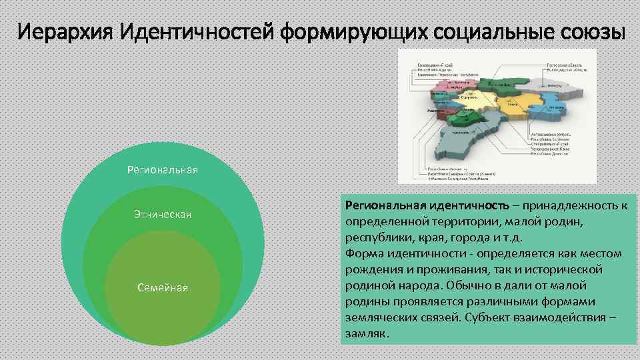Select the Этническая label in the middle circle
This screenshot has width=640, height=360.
pyautogui.click(x=163, y=214)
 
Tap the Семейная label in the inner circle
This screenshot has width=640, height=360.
pyautogui.click(x=163, y=287)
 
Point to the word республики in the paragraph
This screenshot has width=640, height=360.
pyautogui.click(x=377, y=237)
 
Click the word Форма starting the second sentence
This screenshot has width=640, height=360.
pyautogui.click(x=364, y=253)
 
